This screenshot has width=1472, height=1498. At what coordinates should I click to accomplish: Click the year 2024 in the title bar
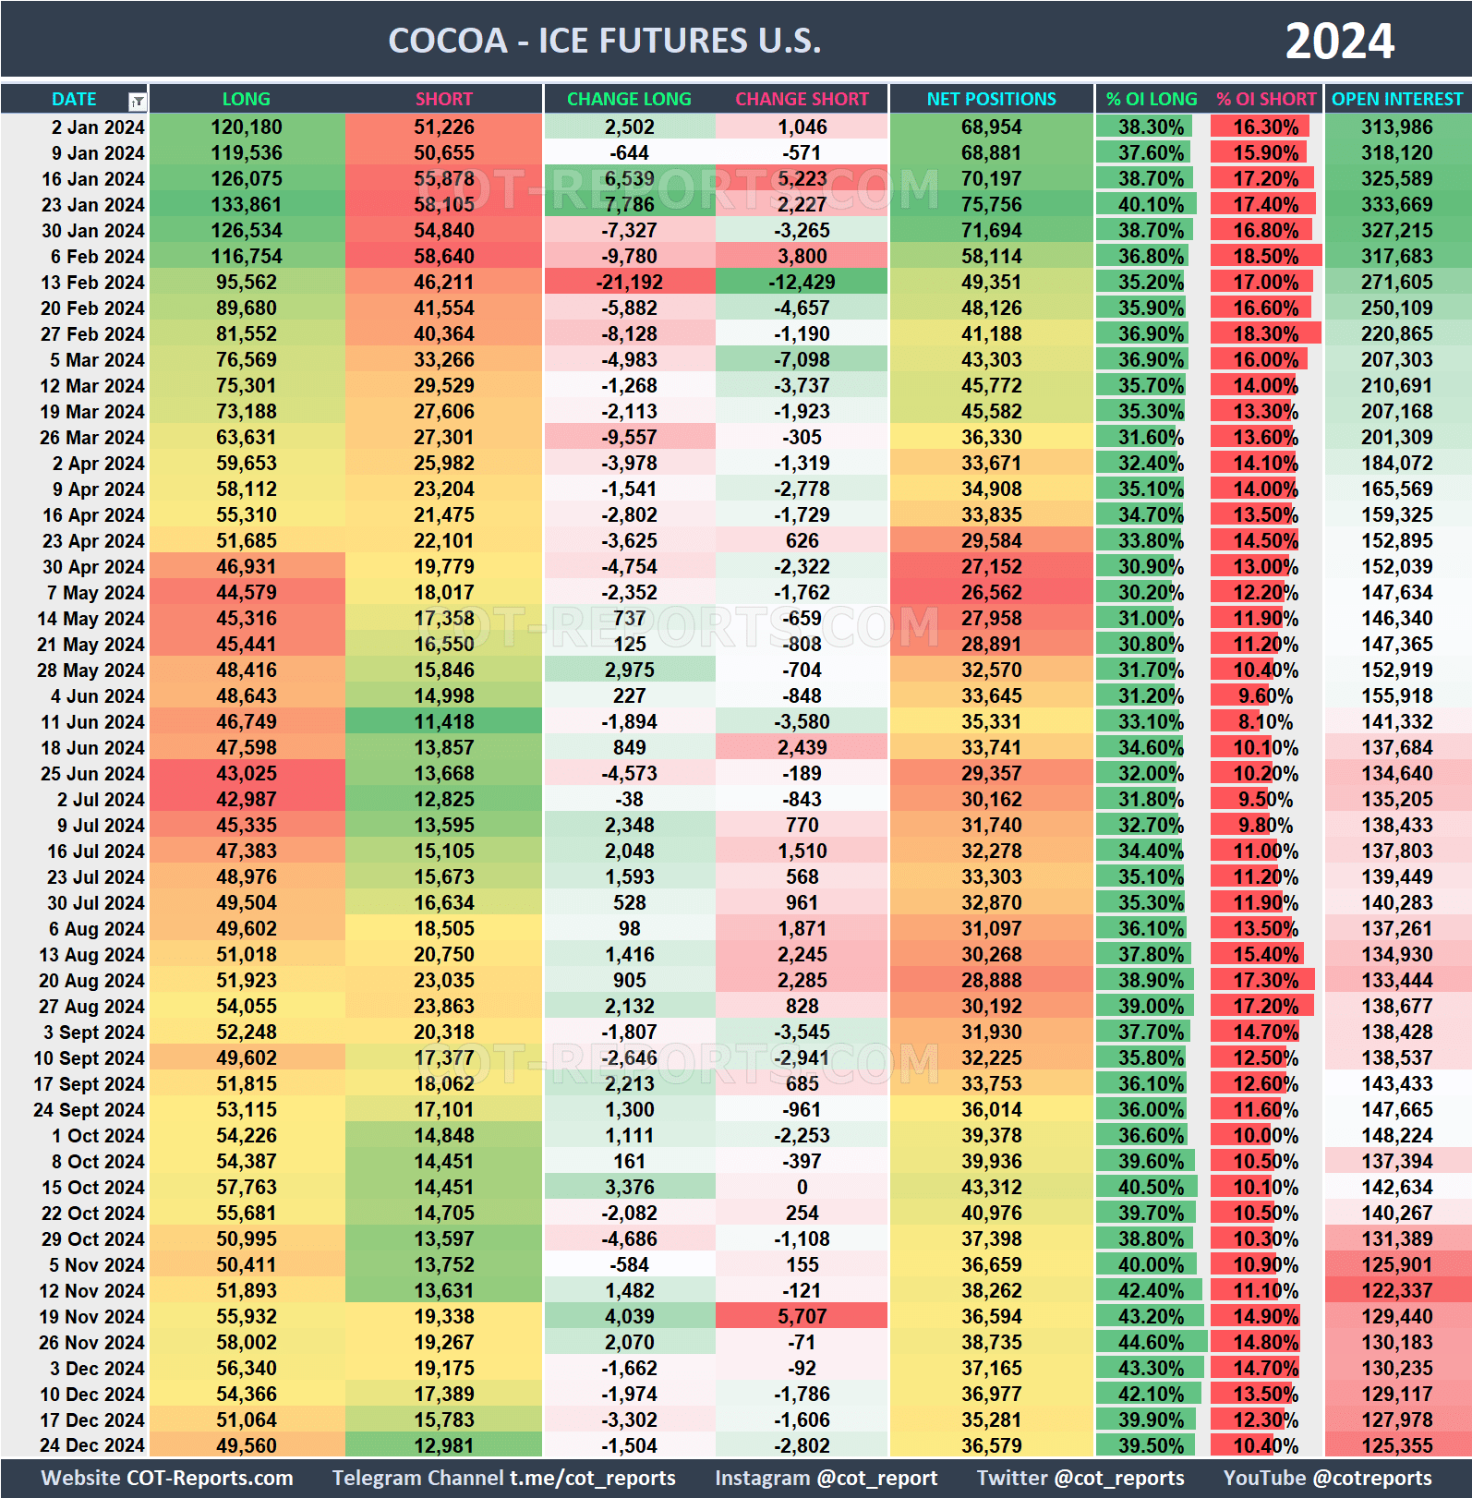point(1339,42)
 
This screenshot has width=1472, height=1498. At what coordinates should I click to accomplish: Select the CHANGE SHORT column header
point(802,99)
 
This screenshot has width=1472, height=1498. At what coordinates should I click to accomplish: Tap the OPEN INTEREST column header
point(1397,99)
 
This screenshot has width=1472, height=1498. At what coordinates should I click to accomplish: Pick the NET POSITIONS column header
point(991,99)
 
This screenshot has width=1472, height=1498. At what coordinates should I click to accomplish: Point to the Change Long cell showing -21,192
point(629,283)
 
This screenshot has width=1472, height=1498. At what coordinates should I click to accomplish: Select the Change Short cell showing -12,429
point(802,283)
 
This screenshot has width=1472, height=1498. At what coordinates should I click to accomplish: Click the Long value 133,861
point(247,205)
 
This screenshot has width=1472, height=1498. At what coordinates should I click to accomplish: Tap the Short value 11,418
point(443,722)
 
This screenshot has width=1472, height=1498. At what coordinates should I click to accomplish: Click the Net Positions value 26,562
point(991,593)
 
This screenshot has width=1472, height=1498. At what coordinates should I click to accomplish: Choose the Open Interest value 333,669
point(1396,205)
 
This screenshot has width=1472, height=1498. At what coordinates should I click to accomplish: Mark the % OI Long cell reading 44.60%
point(1151,1343)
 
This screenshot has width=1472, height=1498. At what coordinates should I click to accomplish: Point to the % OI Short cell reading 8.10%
point(1265,722)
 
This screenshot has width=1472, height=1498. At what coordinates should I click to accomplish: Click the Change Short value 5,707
point(802,1317)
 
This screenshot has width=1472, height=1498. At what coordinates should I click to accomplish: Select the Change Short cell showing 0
point(802,1188)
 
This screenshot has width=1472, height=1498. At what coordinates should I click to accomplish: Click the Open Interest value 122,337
point(1396,1291)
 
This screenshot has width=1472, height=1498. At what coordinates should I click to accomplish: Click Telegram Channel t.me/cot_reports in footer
point(504,1479)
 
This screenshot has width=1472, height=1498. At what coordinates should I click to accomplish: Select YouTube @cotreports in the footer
point(1327,1479)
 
